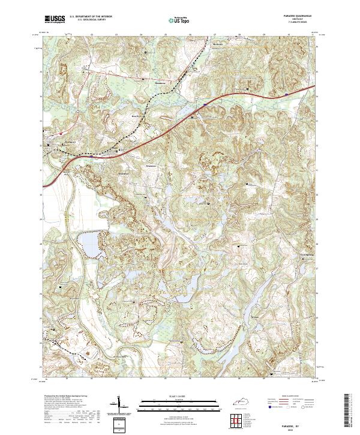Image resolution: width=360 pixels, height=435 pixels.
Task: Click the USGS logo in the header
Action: pos(55,20)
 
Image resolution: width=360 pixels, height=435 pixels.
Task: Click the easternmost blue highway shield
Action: pos(288,94)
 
